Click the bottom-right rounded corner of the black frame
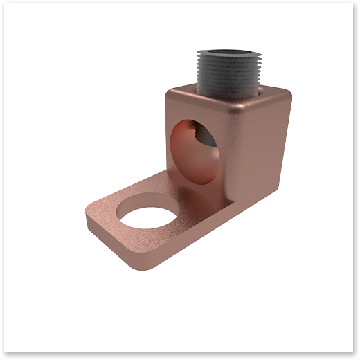[355, 355]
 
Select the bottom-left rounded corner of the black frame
[4, 355]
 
